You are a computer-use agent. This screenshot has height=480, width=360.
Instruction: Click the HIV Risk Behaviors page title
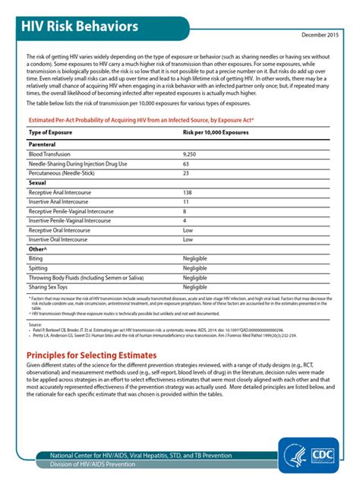[x=84, y=28]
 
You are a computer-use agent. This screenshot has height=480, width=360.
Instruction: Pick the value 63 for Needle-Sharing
[x=186, y=163]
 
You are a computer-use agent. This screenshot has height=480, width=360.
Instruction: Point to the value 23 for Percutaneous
[x=186, y=173]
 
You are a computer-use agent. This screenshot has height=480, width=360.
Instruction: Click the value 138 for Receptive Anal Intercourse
[x=188, y=193]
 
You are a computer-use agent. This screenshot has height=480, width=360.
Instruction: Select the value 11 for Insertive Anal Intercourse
[x=186, y=202]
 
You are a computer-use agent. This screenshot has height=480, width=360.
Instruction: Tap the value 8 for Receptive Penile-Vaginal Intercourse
[x=185, y=211]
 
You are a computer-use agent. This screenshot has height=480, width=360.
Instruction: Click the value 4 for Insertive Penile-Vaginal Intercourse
[x=185, y=220]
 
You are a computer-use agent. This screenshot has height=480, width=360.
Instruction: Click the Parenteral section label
[x=43, y=144]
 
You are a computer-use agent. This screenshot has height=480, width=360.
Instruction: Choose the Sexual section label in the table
[x=37, y=183]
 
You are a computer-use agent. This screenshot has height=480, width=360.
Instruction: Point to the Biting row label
[x=36, y=259]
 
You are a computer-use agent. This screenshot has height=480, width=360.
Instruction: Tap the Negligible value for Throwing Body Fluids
[x=195, y=278]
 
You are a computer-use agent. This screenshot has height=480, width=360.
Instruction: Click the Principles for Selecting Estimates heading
[x=91, y=355]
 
